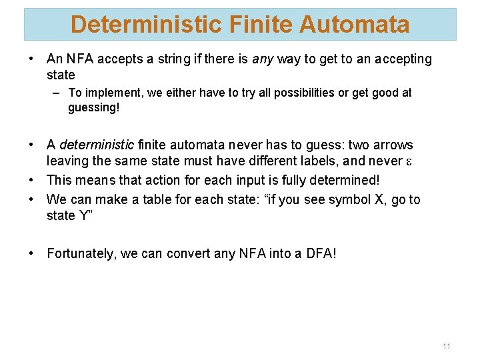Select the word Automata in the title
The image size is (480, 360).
coord(354,25)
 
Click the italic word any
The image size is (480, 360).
coord(263,59)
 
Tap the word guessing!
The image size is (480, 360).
coord(93,107)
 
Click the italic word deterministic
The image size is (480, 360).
coord(97,145)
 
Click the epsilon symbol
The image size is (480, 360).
coord(408,162)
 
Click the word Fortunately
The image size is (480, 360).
coord(86,253)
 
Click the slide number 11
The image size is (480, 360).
coord(446,346)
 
